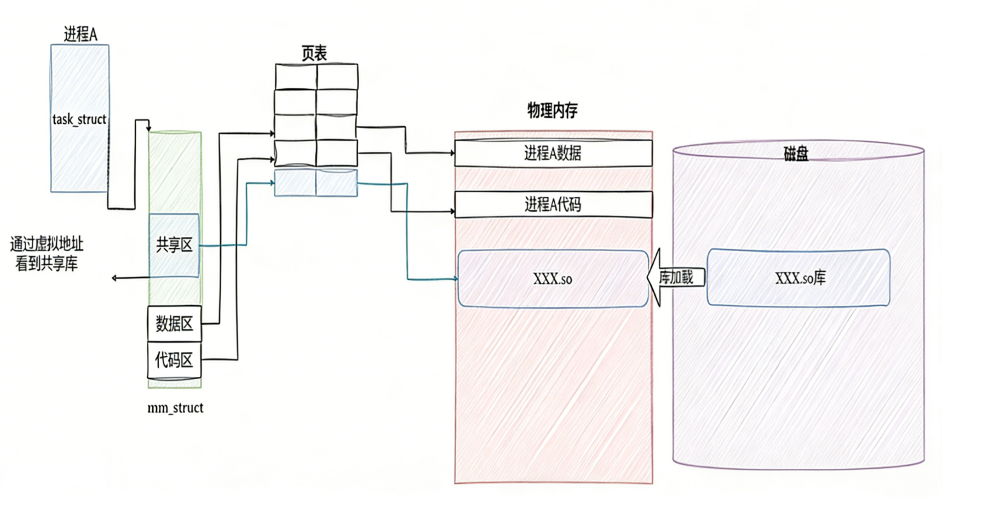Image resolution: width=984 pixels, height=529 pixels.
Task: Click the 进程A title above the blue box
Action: click(80, 34)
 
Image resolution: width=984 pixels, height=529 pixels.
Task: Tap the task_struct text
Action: click(79, 119)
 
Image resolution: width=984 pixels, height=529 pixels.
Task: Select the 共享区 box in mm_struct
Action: click(174, 245)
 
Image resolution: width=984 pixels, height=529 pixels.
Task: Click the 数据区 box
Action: click(174, 324)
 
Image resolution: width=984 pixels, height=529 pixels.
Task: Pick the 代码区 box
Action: click(174, 360)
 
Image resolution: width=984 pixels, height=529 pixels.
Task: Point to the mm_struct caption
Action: click(175, 408)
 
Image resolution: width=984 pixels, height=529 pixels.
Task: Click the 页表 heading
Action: click(314, 54)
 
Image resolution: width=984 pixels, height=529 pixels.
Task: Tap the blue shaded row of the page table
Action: click(316, 183)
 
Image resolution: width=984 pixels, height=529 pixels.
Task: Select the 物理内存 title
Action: click(552, 111)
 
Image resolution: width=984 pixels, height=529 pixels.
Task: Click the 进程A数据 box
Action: click(553, 153)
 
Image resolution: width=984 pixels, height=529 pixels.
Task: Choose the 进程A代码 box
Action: click(553, 204)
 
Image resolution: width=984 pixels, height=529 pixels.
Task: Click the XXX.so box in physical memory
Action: click(553, 279)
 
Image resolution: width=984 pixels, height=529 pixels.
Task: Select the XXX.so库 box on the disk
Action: click(798, 278)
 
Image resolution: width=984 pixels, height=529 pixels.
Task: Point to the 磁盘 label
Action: click(796, 154)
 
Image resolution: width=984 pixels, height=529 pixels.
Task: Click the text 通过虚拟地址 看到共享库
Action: click(47, 254)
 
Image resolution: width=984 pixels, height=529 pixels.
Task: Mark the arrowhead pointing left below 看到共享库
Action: click(114, 278)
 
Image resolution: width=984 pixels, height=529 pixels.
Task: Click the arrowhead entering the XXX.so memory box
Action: click(455, 279)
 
